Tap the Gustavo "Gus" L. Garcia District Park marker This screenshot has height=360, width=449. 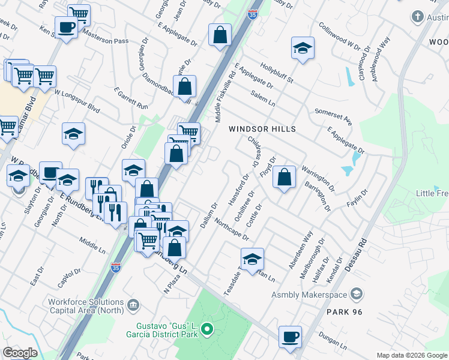[x=207, y=329]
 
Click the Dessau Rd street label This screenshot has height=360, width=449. [x=361, y=253]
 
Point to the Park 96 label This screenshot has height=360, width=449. [x=346, y=312]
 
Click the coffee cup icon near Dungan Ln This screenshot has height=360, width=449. [x=291, y=337]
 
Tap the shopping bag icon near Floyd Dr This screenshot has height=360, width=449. [x=285, y=178]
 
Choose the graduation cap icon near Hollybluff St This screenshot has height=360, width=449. [x=303, y=49]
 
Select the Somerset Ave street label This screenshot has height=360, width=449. [x=333, y=117]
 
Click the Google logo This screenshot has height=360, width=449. [x=20, y=353]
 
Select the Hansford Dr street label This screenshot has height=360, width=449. [x=238, y=190]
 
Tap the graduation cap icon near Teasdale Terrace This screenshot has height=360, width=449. [x=253, y=259]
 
